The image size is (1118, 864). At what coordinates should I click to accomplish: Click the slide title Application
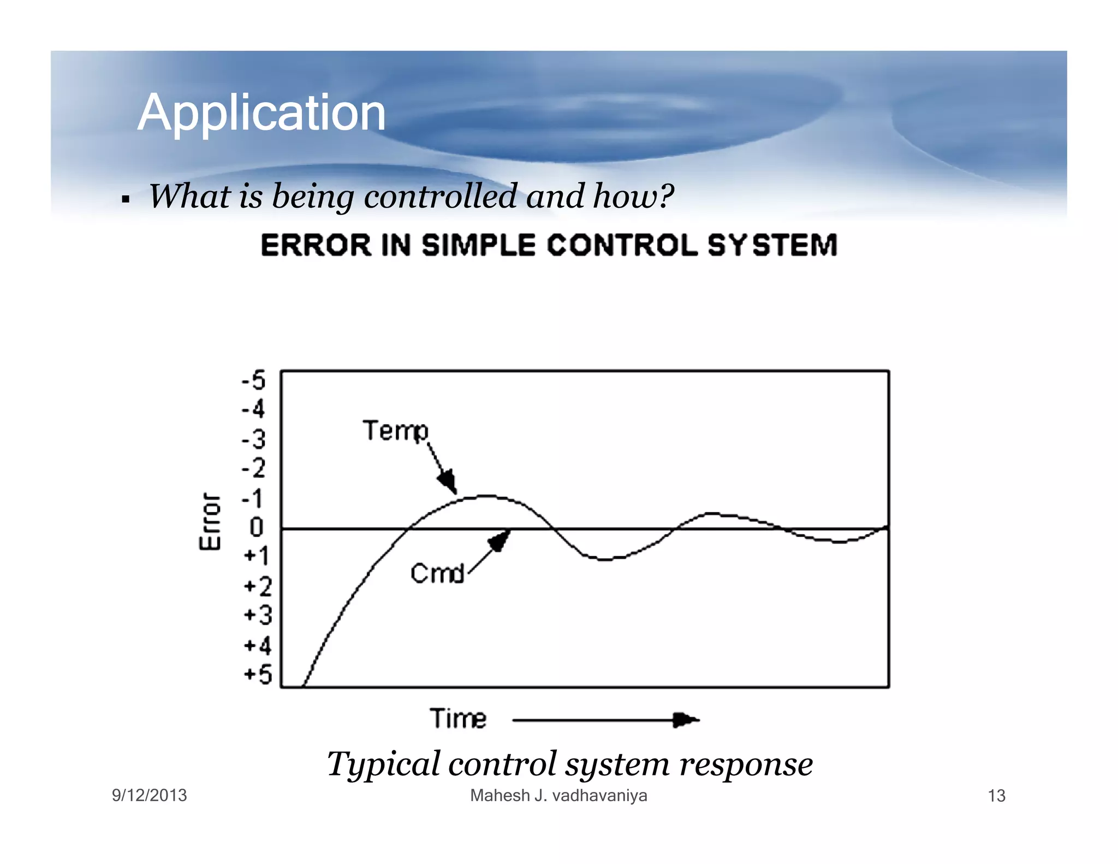pos(261,113)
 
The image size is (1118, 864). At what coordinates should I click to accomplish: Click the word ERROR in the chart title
pos(316,245)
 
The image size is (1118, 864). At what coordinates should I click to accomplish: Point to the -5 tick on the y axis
pos(254,380)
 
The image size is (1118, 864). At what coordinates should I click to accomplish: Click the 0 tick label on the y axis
pos(257,527)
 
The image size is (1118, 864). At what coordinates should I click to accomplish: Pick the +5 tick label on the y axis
pos(258,674)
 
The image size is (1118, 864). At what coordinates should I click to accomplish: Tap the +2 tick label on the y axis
pos(258,587)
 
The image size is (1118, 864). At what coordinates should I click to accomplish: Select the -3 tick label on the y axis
pos(254,439)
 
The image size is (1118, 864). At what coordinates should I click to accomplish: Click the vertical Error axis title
pos(210,522)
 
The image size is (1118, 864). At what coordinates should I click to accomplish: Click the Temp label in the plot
pos(396,431)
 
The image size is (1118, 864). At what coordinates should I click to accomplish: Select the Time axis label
pos(457,718)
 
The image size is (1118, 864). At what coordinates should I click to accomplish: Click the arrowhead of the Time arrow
pos(685,720)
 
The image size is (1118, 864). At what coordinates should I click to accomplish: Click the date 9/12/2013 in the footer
pos(149,795)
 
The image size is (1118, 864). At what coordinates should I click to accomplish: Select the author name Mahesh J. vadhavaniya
pos(558,795)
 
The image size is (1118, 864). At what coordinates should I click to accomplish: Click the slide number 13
pos(996,796)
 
